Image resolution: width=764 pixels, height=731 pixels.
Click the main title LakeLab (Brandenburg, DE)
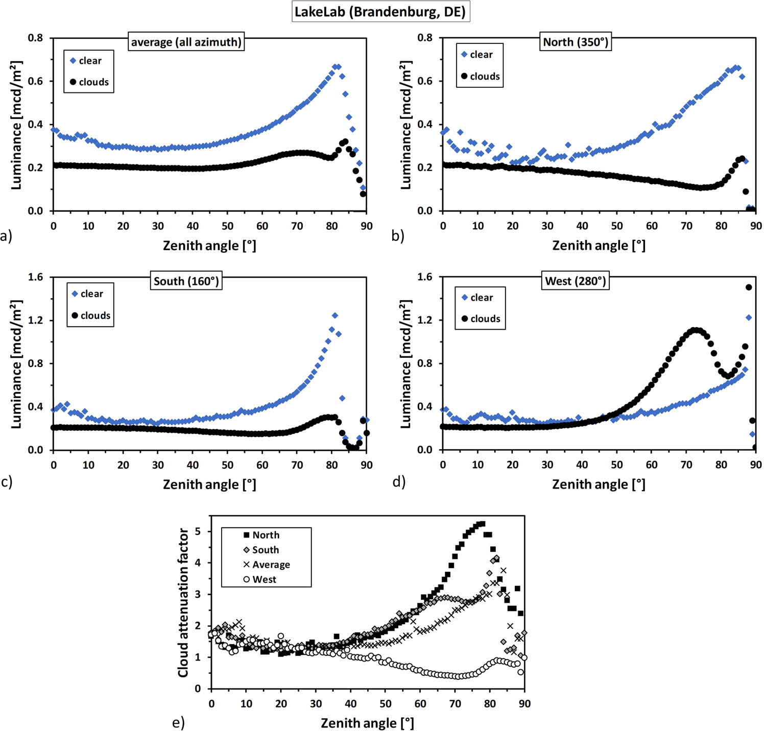click(x=380, y=12)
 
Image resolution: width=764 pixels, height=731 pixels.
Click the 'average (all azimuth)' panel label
click(x=186, y=42)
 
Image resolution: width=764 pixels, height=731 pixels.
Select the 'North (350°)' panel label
click(x=576, y=42)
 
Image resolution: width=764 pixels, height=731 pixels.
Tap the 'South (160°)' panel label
click(x=186, y=281)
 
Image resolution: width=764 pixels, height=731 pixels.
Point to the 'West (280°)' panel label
click(x=576, y=281)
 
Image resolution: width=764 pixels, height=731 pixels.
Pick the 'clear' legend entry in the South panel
click(x=91, y=294)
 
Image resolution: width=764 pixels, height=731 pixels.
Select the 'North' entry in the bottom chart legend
click(x=266, y=535)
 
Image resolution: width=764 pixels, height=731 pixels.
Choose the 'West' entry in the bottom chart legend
click(x=264, y=579)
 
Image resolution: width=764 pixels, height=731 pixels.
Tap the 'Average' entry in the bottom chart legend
click(x=271, y=565)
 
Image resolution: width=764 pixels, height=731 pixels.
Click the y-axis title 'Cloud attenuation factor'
click(x=183, y=602)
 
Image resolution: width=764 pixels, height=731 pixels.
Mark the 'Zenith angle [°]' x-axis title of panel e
click(x=367, y=723)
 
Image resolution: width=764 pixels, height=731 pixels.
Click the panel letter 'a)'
click(x=6, y=236)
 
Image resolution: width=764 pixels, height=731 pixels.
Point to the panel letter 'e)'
click(x=178, y=723)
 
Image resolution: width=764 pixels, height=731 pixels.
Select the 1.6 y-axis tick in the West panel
click(x=424, y=277)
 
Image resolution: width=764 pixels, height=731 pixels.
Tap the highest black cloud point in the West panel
click(x=749, y=287)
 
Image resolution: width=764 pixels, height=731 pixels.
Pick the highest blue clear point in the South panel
click(x=335, y=315)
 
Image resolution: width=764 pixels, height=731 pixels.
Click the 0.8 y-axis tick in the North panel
click(x=424, y=38)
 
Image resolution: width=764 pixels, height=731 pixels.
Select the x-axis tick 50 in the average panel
click(x=228, y=226)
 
